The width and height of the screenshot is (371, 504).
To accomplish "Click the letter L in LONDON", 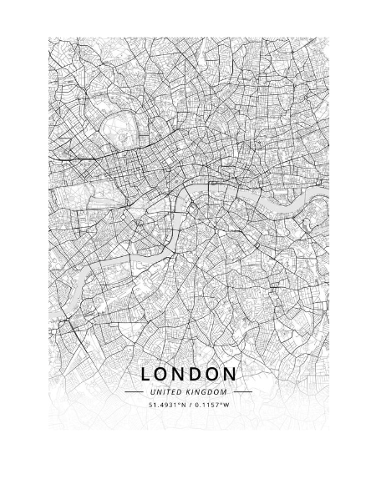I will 146,374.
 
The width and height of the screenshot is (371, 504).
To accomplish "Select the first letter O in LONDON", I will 161,374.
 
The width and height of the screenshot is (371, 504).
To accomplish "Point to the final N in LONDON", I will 230,374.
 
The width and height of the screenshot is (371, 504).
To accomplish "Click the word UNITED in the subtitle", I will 165,391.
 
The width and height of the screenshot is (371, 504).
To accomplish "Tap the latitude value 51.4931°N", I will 167,405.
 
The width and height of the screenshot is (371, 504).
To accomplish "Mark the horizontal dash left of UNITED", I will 134,391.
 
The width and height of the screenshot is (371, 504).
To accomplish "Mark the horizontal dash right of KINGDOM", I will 242,391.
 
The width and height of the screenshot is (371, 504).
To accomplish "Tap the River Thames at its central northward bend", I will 189,197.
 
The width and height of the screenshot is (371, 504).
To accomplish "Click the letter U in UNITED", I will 152,391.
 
